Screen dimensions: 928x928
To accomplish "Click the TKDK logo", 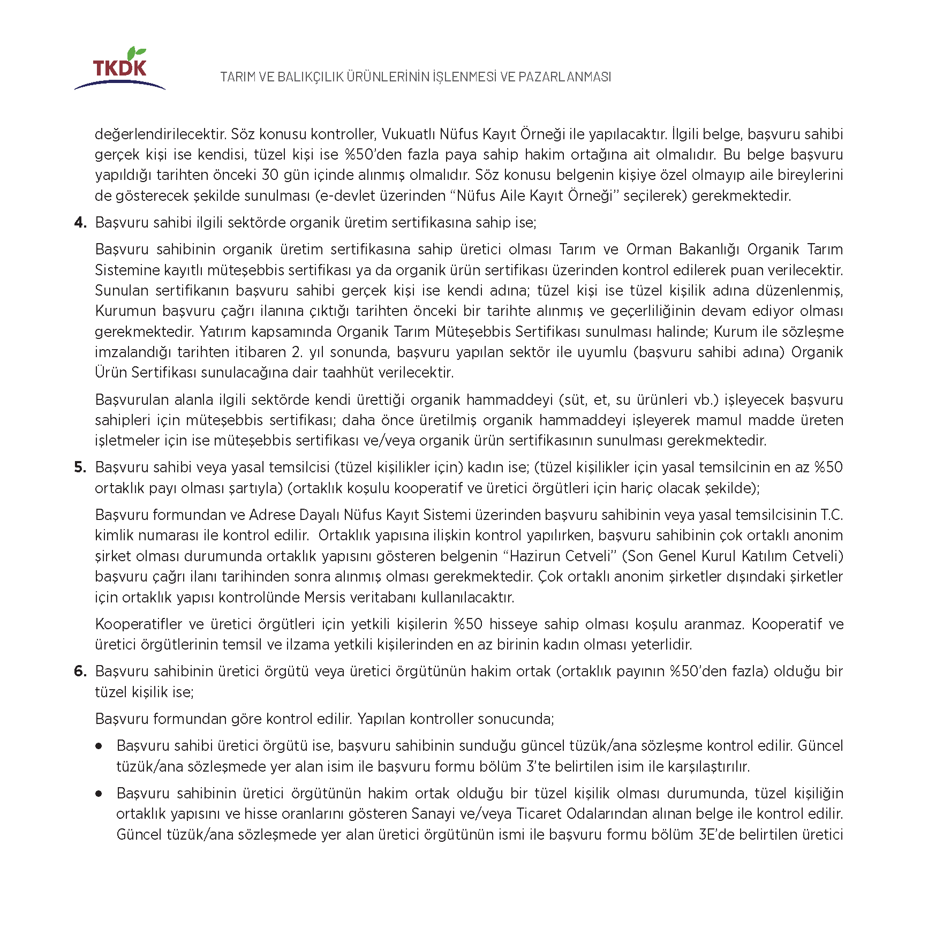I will coord(119,70).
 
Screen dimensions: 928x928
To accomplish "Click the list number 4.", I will coord(80,222).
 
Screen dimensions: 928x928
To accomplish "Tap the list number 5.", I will coord(80,467).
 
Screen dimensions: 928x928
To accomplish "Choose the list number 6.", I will coord(80,672).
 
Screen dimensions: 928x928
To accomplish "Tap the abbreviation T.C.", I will coord(832,515).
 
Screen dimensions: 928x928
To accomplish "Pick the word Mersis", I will coord(325,597).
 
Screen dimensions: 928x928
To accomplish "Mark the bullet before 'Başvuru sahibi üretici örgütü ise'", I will coord(99,746).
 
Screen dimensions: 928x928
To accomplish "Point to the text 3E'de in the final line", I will coord(716,835).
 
